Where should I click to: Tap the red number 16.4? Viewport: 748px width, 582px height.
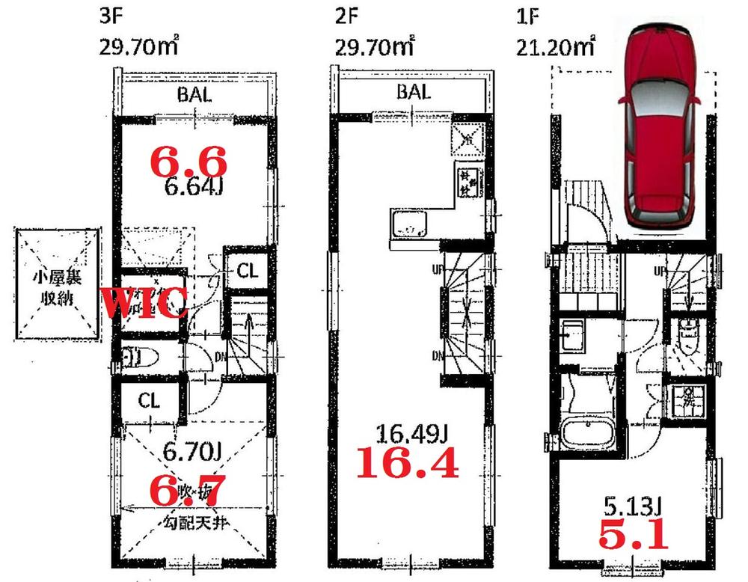tap(405, 464)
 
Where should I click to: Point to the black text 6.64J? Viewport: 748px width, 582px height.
tap(193, 186)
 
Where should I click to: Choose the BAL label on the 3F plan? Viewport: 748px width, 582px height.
tap(194, 95)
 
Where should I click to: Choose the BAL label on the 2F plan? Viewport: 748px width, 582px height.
tap(414, 92)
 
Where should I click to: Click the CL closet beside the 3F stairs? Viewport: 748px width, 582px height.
tap(247, 272)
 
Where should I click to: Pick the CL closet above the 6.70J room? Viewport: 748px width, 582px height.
tap(149, 401)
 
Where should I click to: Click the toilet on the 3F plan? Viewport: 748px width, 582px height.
tap(136, 358)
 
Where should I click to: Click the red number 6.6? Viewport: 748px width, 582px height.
tap(188, 159)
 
